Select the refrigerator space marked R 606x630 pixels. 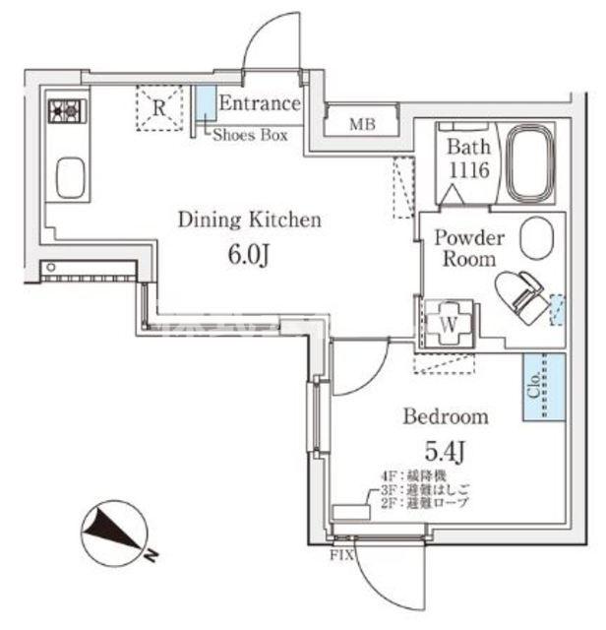(158, 108)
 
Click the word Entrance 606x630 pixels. (259, 103)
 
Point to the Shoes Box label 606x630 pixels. (251, 136)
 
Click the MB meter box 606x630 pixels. (362, 124)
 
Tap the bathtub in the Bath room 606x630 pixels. (529, 162)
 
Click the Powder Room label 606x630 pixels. (470, 248)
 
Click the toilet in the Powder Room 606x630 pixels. (521, 294)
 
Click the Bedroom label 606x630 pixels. (446, 416)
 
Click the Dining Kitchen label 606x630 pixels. (249, 220)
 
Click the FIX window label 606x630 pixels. (340, 553)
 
